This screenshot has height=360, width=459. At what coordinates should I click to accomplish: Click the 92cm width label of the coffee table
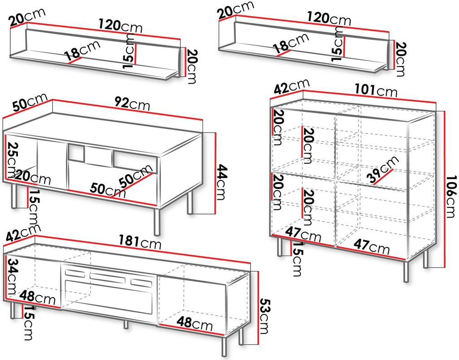(x=132, y=103)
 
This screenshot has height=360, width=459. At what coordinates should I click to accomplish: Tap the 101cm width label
(x=376, y=90)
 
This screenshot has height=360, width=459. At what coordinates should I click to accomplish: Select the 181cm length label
(x=140, y=241)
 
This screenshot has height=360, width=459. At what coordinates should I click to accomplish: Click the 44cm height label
(x=221, y=182)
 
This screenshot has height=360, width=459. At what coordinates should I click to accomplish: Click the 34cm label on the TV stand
(x=12, y=277)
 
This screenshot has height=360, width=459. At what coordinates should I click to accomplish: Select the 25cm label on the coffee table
(x=12, y=160)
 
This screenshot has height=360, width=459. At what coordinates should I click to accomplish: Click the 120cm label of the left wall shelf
(x=120, y=25)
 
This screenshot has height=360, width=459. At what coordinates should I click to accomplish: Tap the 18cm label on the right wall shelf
(x=290, y=43)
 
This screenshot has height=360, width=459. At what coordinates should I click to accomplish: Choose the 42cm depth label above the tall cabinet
(x=291, y=86)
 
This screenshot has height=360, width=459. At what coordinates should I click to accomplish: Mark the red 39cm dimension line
(x=384, y=176)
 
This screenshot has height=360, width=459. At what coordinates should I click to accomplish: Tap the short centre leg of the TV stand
(x=126, y=324)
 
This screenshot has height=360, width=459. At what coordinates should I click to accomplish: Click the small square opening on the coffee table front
(x=76, y=153)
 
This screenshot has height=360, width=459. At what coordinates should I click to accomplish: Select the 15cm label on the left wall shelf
(x=129, y=51)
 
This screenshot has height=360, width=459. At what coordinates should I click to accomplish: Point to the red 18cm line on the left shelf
(x=74, y=60)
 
